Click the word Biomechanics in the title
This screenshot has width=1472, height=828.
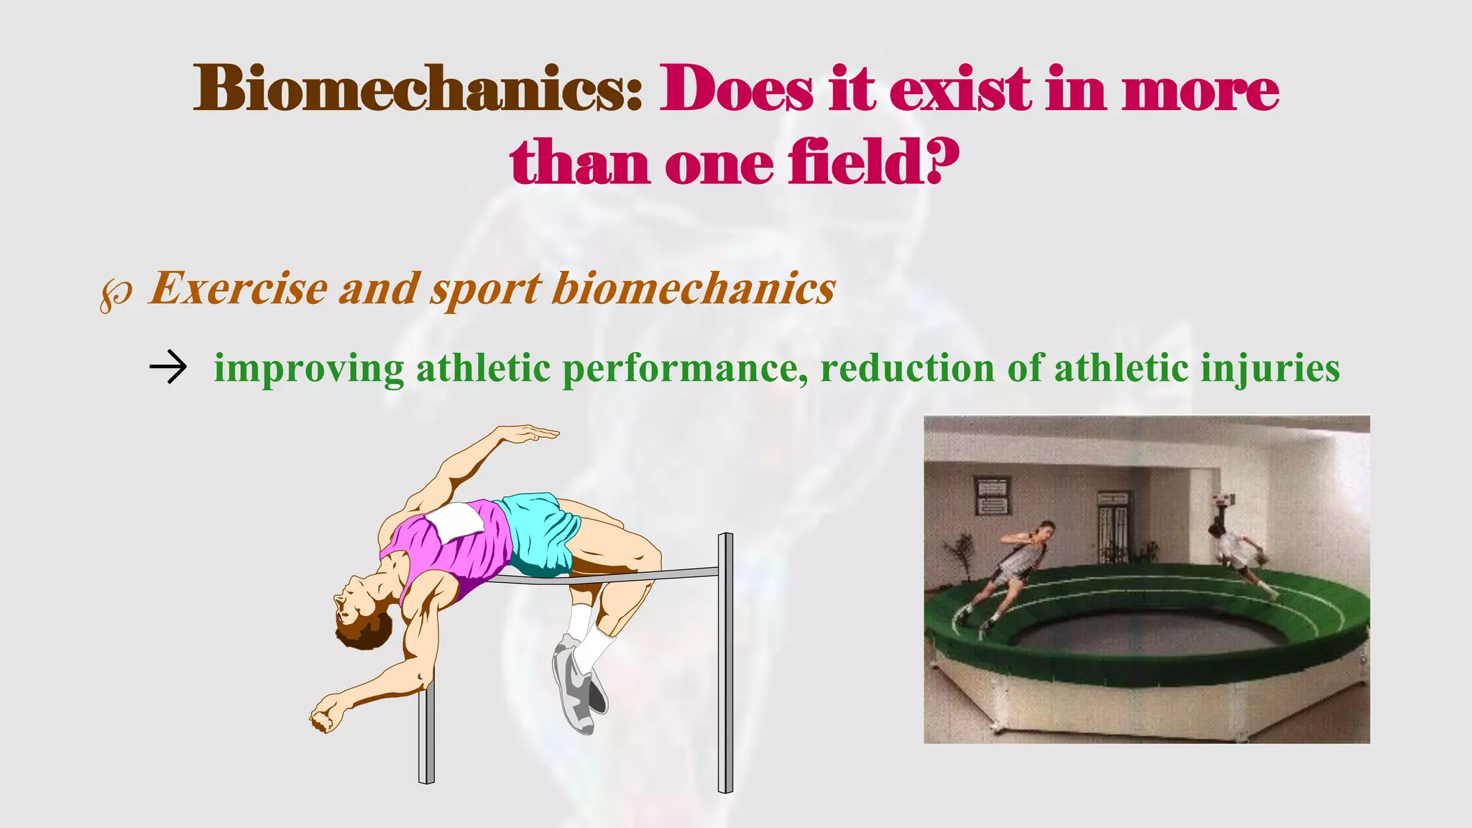tap(417, 90)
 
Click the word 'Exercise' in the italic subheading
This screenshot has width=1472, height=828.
tap(237, 289)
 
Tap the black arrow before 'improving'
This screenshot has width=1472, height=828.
tap(168, 367)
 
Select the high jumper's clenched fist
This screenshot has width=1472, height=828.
tap(325, 715)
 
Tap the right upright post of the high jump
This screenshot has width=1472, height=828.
tap(726, 661)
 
